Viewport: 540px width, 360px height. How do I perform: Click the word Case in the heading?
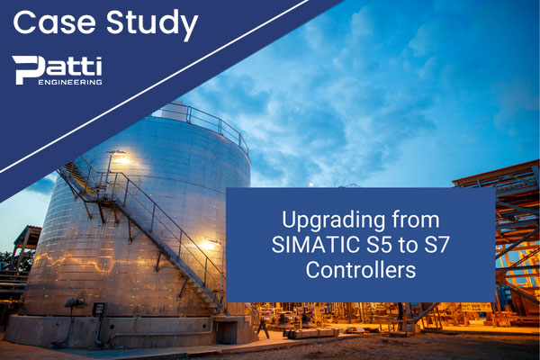(x=54, y=22)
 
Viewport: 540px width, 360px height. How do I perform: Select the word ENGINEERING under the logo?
(x=70, y=82)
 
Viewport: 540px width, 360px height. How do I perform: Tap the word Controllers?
(x=361, y=270)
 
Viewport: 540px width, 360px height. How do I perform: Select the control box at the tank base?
(x=99, y=310)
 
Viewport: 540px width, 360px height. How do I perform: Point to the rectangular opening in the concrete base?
(x=226, y=332)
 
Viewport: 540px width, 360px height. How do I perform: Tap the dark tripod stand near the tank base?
(x=263, y=328)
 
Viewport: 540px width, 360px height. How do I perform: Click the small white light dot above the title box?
(x=311, y=184)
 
